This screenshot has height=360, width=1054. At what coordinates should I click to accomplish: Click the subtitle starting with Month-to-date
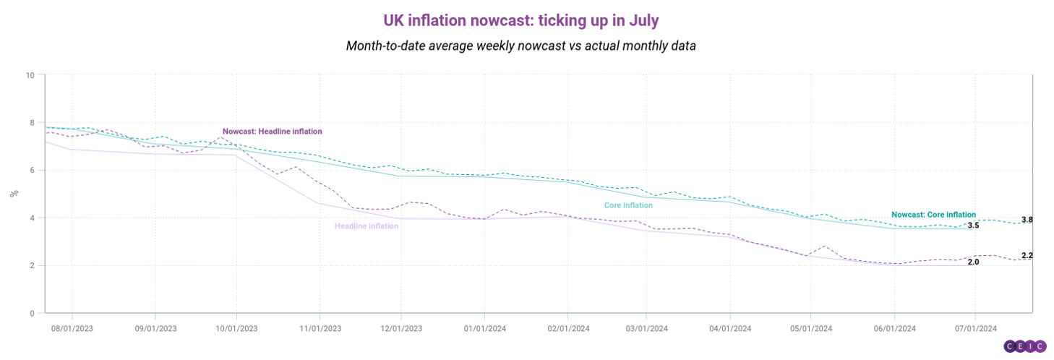tap(520, 46)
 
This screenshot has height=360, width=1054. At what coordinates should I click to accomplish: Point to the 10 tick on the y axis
tap(30, 74)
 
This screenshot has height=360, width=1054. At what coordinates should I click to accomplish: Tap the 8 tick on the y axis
tap(32, 122)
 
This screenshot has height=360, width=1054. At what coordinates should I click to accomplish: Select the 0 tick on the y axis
tap(32, 313)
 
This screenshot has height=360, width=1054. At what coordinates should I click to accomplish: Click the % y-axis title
tap(12, 194)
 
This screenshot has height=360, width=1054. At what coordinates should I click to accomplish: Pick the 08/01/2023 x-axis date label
tap(72, 328)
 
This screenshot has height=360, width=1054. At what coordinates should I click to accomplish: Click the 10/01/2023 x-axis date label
tap(236, 328)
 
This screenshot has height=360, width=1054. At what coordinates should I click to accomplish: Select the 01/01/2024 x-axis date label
tap(484, 328)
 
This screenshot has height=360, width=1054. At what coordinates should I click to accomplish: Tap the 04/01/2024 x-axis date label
tap(730, 328)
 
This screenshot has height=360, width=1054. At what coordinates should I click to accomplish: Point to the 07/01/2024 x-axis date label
tap(975, 328)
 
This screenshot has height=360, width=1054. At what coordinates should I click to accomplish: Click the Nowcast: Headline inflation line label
tap(272, 132)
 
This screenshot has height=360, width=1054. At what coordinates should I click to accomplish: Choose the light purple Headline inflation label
tap(367, 226)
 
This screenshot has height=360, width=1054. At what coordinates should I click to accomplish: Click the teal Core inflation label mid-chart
tap(628, 205)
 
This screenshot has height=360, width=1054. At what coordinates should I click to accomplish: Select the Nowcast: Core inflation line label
tap(933, 215)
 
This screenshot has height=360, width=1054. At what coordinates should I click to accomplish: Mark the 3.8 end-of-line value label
tap(1027, 220)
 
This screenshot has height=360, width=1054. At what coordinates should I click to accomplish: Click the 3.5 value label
tap(973, 226)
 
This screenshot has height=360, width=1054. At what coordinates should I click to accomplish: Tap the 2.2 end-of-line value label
tap(1027, 256)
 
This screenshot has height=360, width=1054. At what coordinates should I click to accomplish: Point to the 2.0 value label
tap(973, 262)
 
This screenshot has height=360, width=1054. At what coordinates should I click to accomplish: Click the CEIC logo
tap(1024, 346)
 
